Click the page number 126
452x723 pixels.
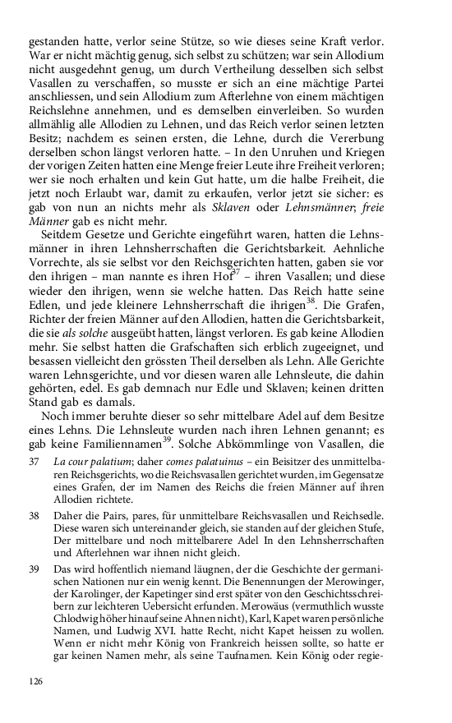click(35, 681)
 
